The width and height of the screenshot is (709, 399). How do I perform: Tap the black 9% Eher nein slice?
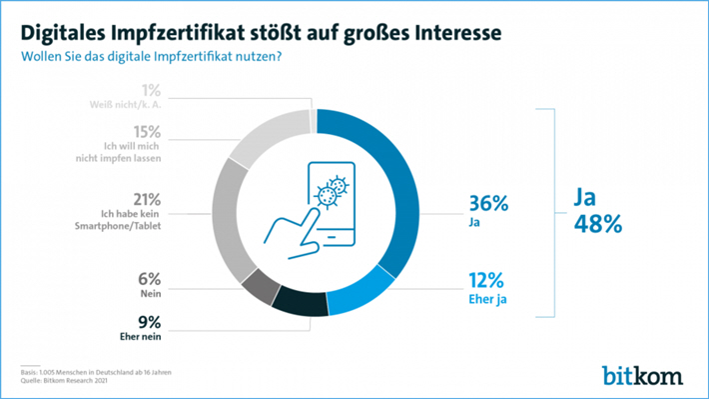tap(301, 303)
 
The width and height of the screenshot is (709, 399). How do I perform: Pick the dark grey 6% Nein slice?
tap(258, 285)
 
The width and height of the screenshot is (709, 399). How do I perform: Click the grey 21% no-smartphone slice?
tap(229, 214)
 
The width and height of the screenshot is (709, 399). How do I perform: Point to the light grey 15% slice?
tap(262, 136)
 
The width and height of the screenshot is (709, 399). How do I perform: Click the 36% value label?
tap(488, 203)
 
